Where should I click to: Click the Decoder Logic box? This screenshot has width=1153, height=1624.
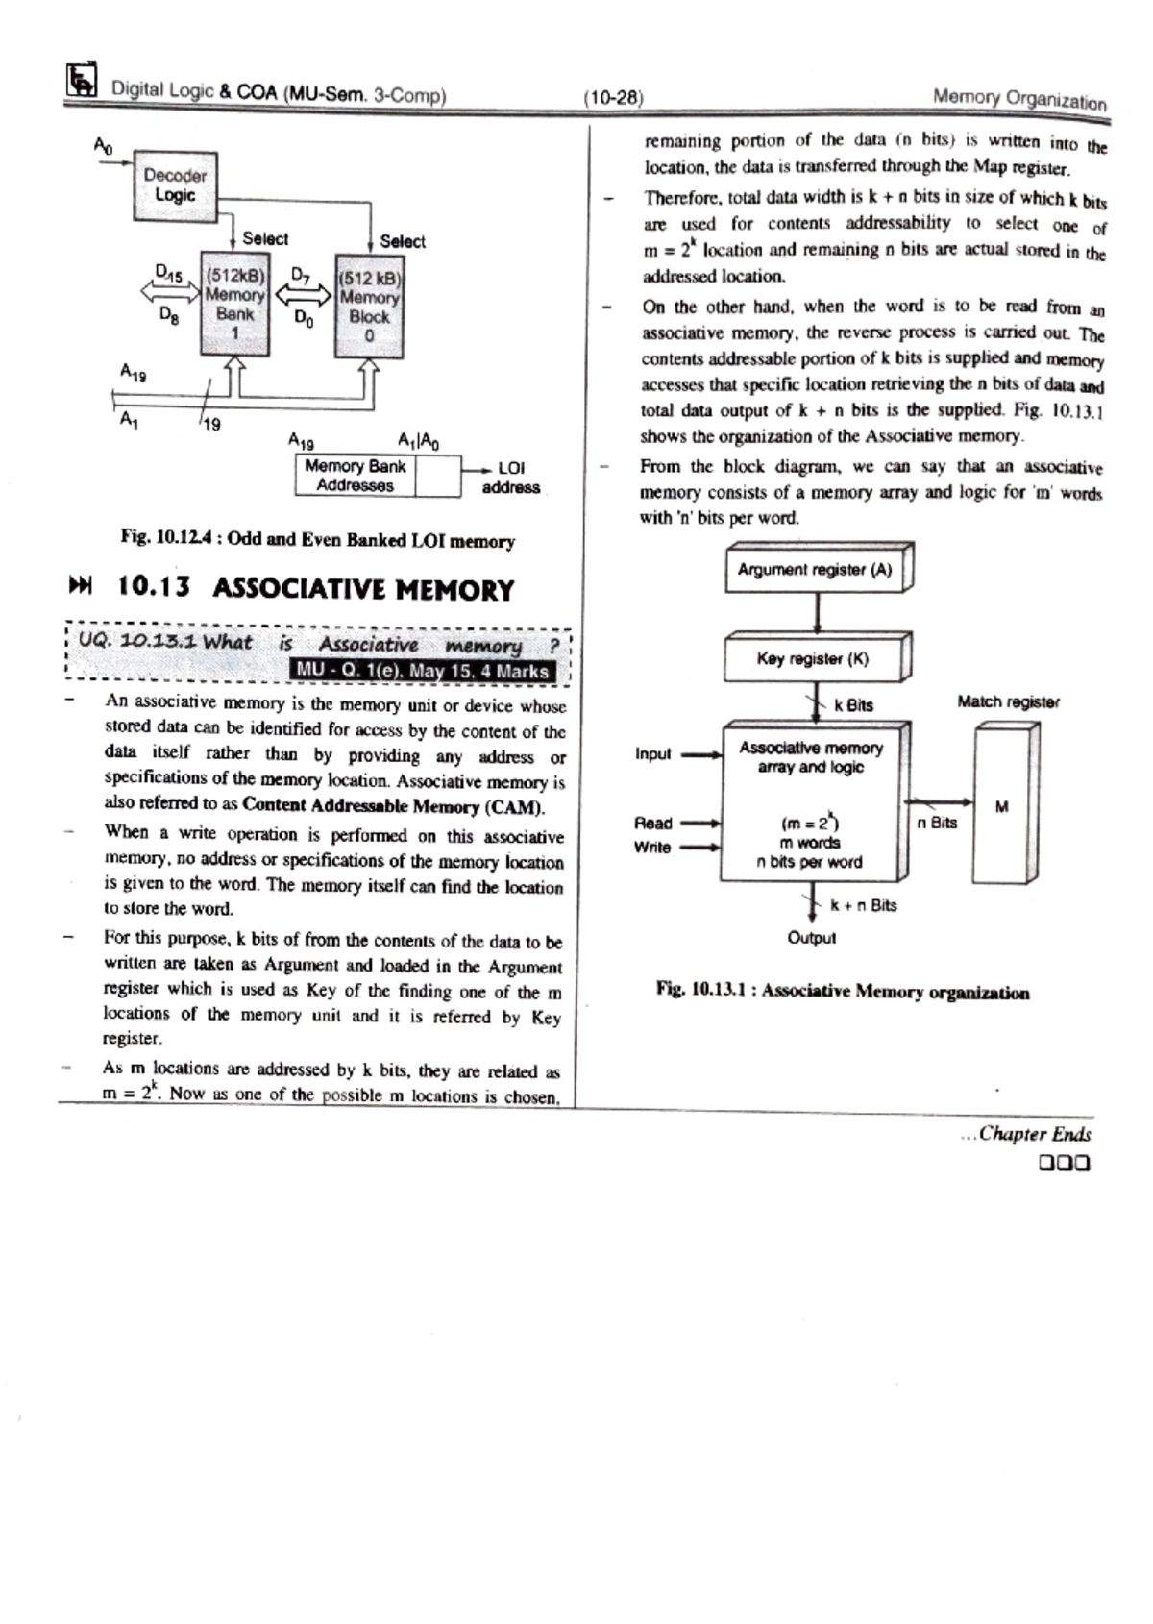[175, 185]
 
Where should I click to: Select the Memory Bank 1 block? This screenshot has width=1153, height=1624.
[234, 304]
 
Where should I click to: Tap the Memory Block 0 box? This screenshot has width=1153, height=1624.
[369, 307]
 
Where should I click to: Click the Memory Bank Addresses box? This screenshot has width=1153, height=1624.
[355, 476]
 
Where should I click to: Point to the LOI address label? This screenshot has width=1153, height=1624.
[510, 478]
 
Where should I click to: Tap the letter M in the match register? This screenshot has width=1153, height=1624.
[1002, 807]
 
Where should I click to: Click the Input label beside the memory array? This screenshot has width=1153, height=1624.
[653, 754]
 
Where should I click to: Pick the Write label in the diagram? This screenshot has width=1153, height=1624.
[652, 848]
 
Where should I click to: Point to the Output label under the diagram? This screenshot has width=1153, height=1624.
[812, 938]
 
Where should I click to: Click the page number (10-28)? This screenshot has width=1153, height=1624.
[613, 97]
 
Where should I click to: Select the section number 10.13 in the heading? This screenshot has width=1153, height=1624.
[154, 587]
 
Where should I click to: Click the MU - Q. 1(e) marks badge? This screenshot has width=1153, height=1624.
[423, 671]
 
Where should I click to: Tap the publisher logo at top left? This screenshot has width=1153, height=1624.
[82, 81]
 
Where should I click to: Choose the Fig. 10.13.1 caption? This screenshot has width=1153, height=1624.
[843, 991]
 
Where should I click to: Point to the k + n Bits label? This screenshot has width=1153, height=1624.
[864, 905]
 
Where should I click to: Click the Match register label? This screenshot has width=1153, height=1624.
[1008, 702]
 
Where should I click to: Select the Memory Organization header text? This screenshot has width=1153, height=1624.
[1019, 99]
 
